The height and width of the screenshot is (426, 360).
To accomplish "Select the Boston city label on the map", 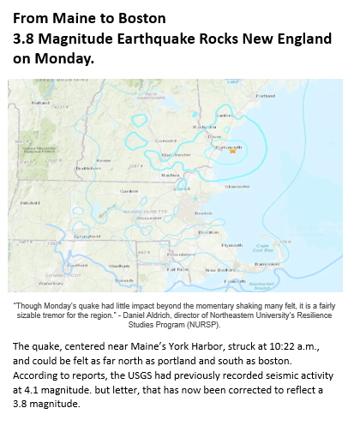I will [203, 213].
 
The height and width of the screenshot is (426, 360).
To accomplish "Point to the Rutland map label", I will [39, 102].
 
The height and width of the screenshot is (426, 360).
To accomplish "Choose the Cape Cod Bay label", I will [263, 247].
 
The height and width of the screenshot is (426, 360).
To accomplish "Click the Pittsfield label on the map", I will [31, 202].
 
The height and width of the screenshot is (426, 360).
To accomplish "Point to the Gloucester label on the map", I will [237, 186].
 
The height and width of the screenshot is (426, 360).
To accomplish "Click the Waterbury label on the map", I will [51, 282].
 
